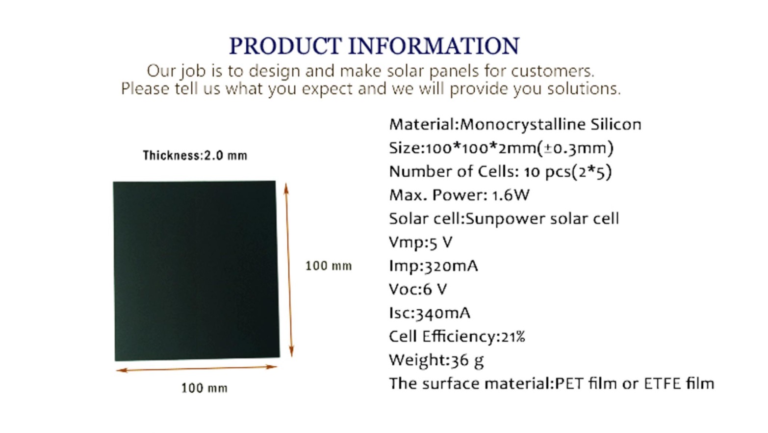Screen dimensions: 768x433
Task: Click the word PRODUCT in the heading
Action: (285, 46)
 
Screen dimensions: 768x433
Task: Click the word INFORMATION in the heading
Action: (434, 46)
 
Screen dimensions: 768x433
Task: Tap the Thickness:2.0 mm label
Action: (195, 156)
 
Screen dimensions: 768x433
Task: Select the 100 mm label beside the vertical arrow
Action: (329, 266)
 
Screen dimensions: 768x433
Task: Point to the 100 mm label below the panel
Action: (205, 388)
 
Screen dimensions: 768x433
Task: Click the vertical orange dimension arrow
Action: (289, 270)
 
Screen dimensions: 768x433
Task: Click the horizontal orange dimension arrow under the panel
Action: (197, 369)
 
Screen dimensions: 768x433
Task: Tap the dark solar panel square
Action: (197, 271)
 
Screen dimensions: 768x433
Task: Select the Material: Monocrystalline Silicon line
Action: (515, 125)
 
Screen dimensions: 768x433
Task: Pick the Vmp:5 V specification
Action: (421, 243)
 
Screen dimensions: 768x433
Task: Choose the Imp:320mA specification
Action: (434, 266)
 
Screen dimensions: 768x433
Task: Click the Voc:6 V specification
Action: (418, 289)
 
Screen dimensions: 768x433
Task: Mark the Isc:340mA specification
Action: (430, 313)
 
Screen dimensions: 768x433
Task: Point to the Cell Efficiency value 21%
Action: (513, 337)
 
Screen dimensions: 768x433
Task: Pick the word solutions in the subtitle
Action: (584, 89)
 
